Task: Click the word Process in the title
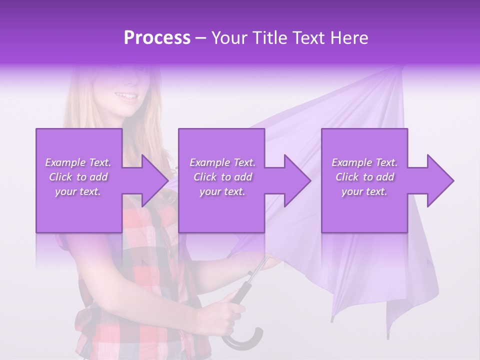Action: (x=157, y=38)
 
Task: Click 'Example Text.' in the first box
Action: (x=78, y=162)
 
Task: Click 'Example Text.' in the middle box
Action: (x=222, y=162)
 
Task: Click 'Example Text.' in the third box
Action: (x=364, y=162)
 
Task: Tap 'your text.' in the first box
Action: (x=78, y=192)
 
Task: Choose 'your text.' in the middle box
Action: (x=222, y=192)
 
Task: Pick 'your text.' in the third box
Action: (x=364, y=192)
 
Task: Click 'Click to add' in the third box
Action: (x=364, y=177)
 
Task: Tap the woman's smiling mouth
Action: (x=126, y=96)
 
